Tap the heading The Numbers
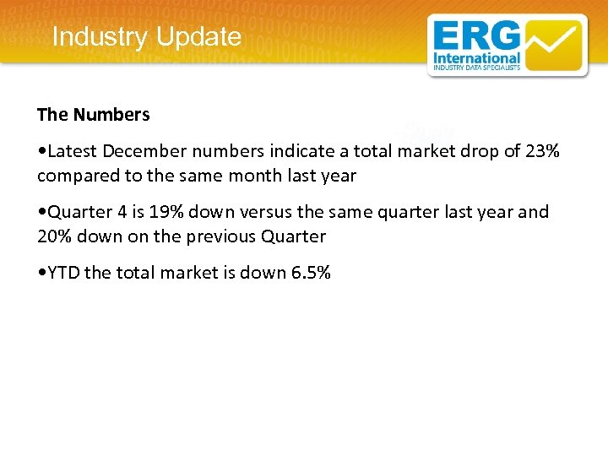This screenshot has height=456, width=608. click(x=94, y=114)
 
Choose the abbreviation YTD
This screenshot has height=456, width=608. click(x=64, y=273)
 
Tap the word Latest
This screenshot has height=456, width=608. click(x=73, y=151)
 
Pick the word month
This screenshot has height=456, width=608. click(x=262, y=176)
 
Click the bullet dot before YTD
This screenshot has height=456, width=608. click(x=41, y=273)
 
